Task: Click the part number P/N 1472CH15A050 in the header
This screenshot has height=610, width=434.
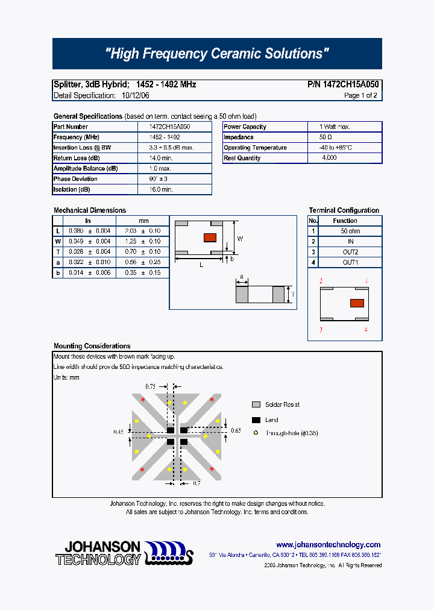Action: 343,85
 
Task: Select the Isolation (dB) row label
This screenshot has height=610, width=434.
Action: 72,189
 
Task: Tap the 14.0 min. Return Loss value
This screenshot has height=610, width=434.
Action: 161,158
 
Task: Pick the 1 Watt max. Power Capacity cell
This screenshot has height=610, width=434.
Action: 335,127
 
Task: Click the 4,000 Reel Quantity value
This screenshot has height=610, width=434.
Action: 330,158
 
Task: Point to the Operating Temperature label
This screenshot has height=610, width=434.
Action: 255,148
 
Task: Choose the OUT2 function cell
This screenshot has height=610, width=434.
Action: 350,252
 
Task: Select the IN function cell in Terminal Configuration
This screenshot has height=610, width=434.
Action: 350,241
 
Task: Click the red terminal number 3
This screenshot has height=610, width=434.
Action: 321,330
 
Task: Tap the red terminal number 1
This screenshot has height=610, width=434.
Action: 366,281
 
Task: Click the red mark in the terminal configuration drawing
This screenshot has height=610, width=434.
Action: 357,303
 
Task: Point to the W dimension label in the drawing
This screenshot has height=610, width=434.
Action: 240,239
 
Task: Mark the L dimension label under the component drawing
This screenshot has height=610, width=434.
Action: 201,265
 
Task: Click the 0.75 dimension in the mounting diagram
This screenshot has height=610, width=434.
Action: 151,386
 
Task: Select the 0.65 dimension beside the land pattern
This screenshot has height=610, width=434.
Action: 235,431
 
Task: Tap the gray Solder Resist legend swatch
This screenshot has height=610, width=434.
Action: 256,404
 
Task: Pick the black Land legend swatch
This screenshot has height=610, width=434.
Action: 256,420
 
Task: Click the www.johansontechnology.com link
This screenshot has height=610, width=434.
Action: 328,544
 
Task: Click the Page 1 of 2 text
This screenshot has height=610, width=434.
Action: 360,95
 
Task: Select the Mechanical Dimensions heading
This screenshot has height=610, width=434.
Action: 90,210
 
